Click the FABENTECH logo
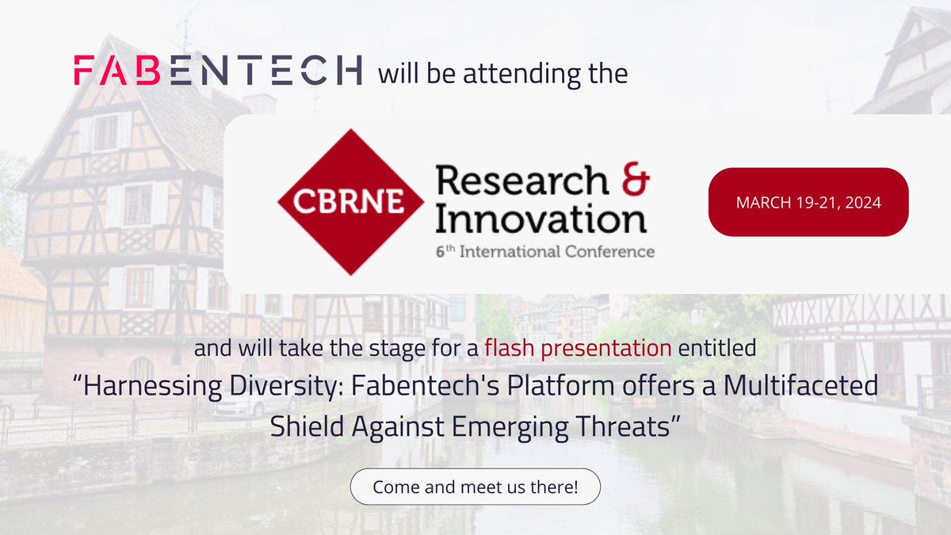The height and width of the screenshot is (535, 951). click(218, 71)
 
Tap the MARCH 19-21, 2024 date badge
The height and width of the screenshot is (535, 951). click(808, 201)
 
